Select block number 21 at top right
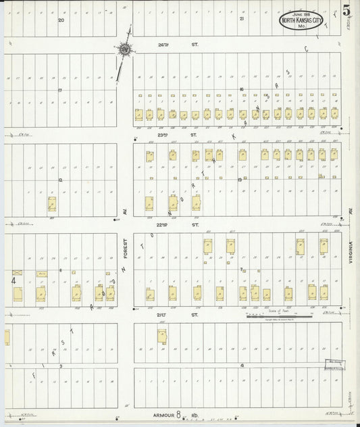tap(241, 20)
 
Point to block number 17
tap(60, 90)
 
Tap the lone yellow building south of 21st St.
tap(162, 336)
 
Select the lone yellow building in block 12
tap(52, 203)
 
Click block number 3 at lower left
tap(61, 366)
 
